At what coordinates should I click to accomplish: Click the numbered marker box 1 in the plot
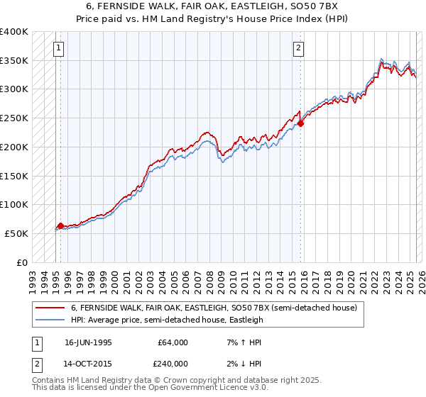coord(58,48)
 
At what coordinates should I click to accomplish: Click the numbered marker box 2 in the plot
coord(298,48)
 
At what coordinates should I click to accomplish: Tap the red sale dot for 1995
coord(60,225)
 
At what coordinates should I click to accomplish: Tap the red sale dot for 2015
coord(300,123)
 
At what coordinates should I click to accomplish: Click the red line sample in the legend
coord(50,308)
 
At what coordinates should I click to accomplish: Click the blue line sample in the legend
coord(50,320)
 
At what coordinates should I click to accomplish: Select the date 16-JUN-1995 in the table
coord(88,342)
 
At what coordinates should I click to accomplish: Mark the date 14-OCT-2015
coord(88,364)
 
